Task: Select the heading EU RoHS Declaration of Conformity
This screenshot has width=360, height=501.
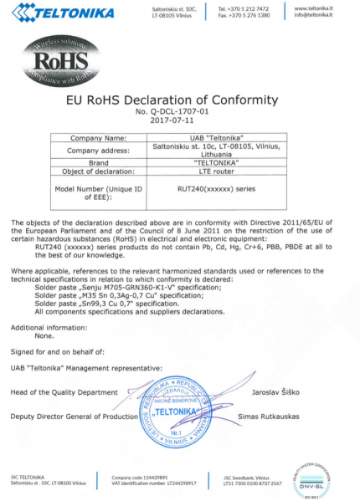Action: click(180, 100)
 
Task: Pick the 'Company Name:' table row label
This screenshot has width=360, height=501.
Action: click(98, 137)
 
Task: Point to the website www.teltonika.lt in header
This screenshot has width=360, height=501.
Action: click(314, 8)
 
